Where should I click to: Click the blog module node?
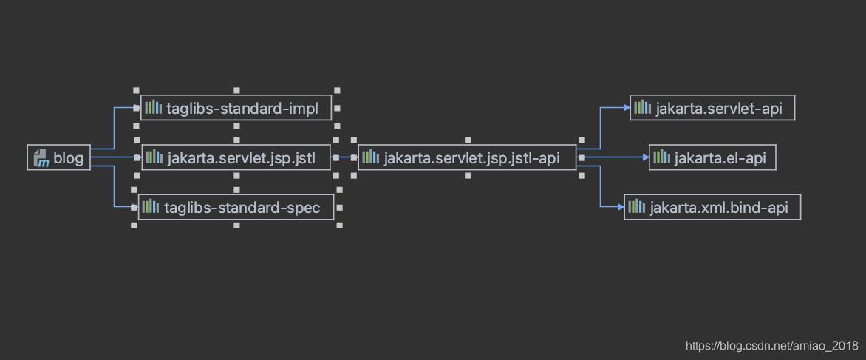tap(58, 157)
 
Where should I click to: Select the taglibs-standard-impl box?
tap(236, 108)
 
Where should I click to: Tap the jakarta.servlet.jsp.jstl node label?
tap(242, 158)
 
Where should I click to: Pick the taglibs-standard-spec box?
tap(236, 207)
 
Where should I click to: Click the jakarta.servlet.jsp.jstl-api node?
tap(467, 157)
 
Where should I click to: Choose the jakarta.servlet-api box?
tap(712, 108)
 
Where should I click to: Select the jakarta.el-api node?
tap(712, 157)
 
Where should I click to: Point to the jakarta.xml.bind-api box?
tap(712, 207)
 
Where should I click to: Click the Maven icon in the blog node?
tap(41, 158)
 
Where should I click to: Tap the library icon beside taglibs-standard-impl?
tap(154, 108)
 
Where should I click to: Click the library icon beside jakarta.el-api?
tap(661, 157)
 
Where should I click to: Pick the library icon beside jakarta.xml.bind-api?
tap(637, 207)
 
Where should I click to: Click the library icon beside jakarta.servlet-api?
tap(643, 108)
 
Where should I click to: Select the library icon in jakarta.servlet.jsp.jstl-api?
tap(371, 157)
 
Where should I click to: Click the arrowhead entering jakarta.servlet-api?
tap(627, 108)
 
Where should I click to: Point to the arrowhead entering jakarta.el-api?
tap(645, 157)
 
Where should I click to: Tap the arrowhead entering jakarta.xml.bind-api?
tap(620, 207)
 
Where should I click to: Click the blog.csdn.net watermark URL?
tap(772, 346)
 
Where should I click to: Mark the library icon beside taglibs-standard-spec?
tap(151, 207)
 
